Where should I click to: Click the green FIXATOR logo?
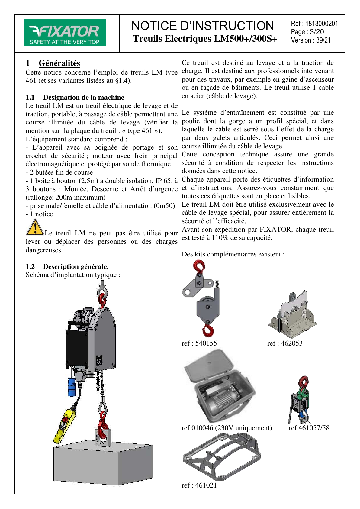65,33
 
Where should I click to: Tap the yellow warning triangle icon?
35,227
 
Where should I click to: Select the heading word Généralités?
59,63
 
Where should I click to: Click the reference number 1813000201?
322,24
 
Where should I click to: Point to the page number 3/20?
317,32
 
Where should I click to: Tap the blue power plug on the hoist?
72,387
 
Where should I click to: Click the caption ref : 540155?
199,343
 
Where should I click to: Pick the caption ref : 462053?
285,343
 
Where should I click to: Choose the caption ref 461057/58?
309,428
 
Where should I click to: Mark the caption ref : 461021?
199,485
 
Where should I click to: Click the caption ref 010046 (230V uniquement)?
227,428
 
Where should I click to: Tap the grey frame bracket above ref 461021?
221,456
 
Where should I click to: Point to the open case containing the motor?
220,387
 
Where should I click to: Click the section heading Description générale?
76,266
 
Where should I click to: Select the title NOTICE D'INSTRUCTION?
203,26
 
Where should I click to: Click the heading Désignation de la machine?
83,97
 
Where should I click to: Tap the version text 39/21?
323,40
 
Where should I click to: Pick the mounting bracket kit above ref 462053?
292,316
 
